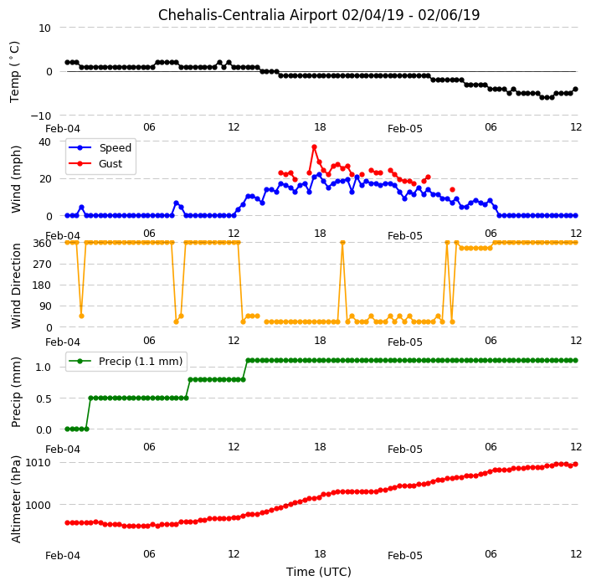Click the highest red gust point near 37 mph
tap(315, 147)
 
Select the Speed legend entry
tap(100, 147)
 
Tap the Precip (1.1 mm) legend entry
tap(126, 361)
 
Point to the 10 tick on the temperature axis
tap(45, 28)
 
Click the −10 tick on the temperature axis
tap(41, 116)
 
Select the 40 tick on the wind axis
tap(45, 142)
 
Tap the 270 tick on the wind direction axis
tap(42, 265)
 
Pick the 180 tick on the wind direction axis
tap(42, 285)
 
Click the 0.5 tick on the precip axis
tap(44, 398)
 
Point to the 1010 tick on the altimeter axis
tap(38, 462)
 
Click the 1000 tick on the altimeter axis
tap(38, 505)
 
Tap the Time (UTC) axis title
tap(319, 572)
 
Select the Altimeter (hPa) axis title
tap(16, 499)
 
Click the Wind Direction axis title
tap(16, 285)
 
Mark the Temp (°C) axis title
tap(15, 72)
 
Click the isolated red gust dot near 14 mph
tap(452, 189)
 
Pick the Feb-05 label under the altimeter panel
tap(405, 556)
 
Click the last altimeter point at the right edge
tap(575, 465)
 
